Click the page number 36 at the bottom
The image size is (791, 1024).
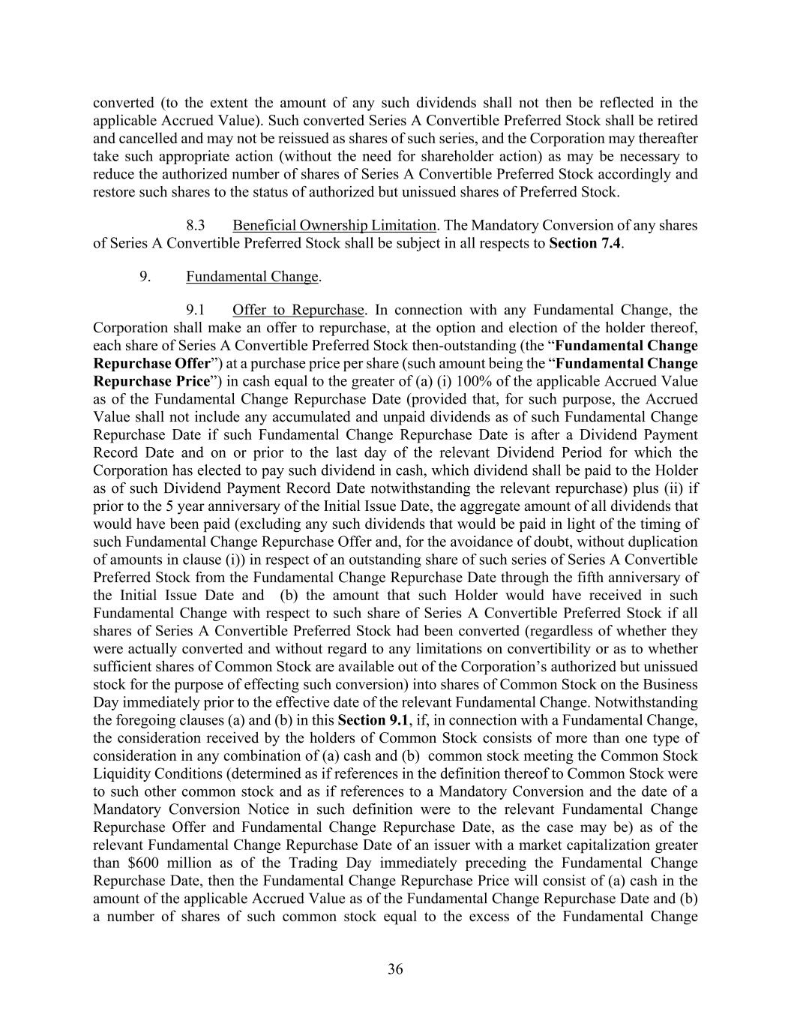(395, 969)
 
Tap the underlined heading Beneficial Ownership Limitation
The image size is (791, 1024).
(334, 226)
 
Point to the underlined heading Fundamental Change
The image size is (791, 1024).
(252, 277)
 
